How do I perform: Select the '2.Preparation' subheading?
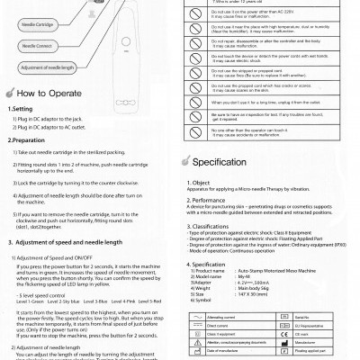[28, 140]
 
